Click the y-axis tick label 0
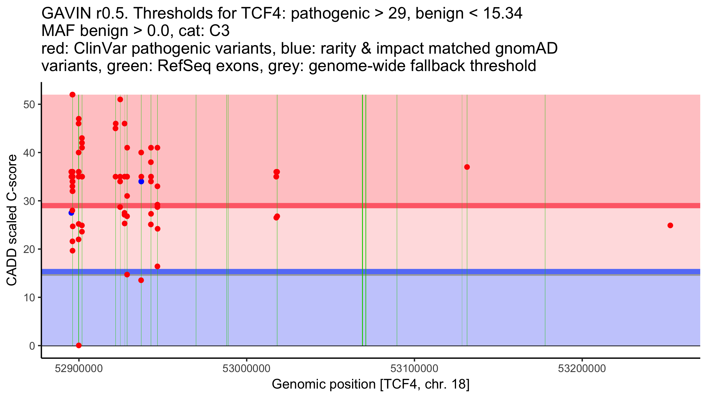point(32,346)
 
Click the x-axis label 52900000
point(79,369)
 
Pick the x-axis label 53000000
point(247,369)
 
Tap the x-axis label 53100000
point(414,369)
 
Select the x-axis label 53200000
point(582,369)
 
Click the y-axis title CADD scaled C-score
point(12,220)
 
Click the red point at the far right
point(670,226)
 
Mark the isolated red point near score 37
point(467,167)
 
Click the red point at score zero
point(79,346)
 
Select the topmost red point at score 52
point(72,95)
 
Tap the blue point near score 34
point(141,182)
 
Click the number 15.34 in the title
point(503,14)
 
